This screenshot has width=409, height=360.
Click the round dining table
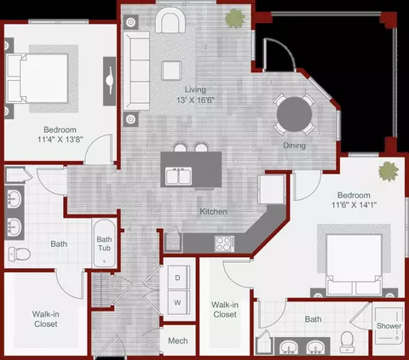click(x=294, y=114)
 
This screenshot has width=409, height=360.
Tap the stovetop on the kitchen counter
click(x=225, y=243)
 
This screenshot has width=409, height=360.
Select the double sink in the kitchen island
click(x=179, y=175)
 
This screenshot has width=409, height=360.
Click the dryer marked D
click(x=178, y=277)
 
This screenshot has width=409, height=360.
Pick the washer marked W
click(x=178, y=302)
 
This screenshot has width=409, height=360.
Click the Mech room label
click(x=178, y=340)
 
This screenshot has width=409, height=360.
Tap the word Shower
click(x=389, y=326)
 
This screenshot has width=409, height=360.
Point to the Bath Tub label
click(x=104, y=243)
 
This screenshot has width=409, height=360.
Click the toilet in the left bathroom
click(x=19, y=254)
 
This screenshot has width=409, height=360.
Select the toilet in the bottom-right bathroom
click(x=347, y=341)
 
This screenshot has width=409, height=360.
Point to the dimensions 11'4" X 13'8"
click(x=60, y=140)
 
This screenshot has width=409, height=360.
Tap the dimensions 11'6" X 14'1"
click(x=354, y=204)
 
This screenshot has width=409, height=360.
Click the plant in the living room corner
click(x=235, y=19)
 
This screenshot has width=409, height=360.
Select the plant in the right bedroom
click(x=389, y=171)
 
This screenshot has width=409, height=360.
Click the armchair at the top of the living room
click(x=170, y=20)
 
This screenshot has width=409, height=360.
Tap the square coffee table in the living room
click(x=171, y=71)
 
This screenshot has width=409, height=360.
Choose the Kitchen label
click(x=213, y=211)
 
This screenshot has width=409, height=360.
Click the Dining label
click(x=294, y=146)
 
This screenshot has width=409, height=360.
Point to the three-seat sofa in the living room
click(x=136, y=71)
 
